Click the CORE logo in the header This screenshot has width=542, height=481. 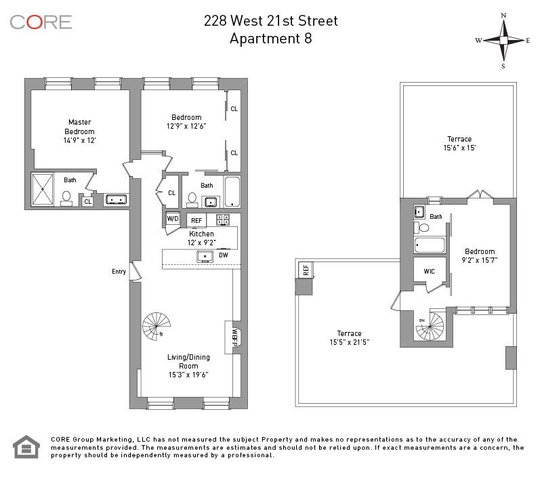point(41,22)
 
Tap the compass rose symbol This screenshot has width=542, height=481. point(503,40)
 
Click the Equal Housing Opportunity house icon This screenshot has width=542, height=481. point(26,447)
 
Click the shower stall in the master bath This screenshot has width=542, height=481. point(43,189)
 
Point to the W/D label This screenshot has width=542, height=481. point(173,219)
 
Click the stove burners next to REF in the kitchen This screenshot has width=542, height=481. point(223,219)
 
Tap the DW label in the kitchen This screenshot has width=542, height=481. point(224,255)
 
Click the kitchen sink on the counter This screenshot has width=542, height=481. point(204,256)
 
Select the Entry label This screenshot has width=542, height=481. point(119,272)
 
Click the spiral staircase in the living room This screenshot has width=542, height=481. point(157,327)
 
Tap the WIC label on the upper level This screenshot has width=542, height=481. point(430,271)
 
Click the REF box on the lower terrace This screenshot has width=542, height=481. point(306,270)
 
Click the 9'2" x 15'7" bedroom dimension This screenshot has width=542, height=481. point(479,259)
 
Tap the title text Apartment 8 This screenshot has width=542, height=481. point(271,38)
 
